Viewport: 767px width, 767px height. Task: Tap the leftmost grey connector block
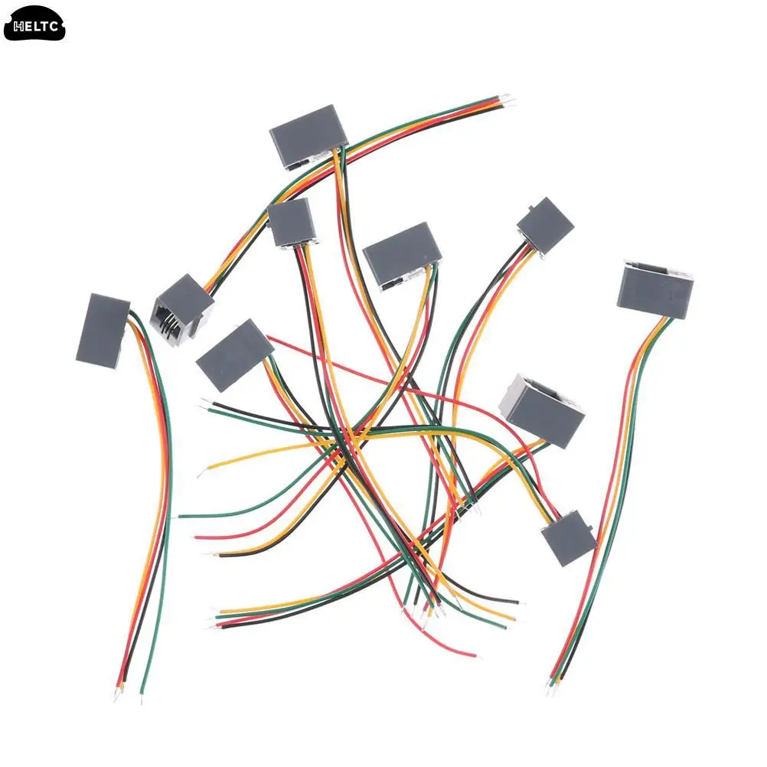(x=102, y=329)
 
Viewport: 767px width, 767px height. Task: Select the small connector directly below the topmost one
(x=292, y=222)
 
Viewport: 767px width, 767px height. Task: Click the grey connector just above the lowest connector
(x=542, y=410)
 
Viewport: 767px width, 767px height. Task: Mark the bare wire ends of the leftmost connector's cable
(x=129, y=693)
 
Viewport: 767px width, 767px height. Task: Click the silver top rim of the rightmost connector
(x=657, y=267)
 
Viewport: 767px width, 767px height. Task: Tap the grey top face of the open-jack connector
(x=184, y=295)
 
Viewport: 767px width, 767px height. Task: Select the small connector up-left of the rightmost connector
(x=545, y=225)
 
